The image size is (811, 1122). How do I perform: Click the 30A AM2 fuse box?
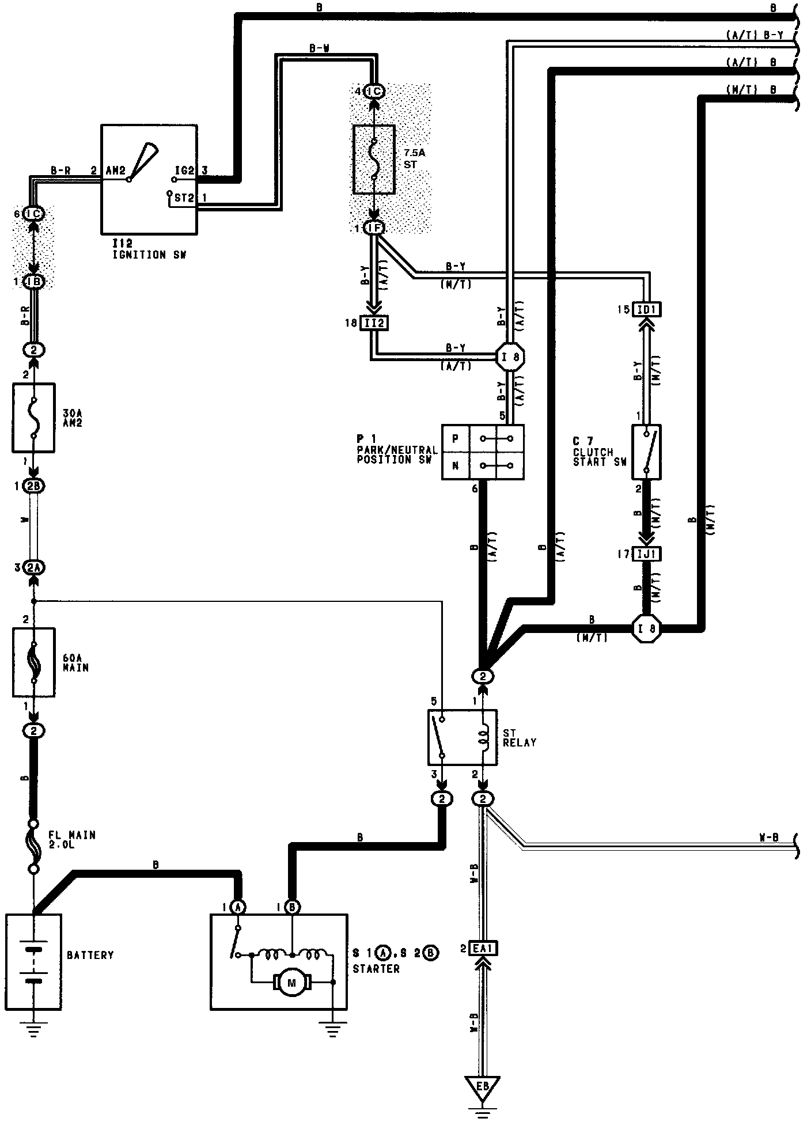point(33,418)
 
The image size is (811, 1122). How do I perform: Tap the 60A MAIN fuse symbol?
point(33,662)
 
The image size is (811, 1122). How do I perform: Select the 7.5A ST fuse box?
point(374,159)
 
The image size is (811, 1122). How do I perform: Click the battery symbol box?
point(33,961)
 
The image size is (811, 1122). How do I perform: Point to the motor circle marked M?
point(291,982)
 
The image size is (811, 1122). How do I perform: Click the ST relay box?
point(463,738)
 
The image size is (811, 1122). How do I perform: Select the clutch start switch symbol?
point(646,452)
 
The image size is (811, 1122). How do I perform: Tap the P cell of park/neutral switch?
point(456,439)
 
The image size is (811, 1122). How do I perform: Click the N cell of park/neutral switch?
point(456,466)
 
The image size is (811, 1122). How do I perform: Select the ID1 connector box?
point(646,309)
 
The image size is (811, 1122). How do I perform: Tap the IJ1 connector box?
point(646,554)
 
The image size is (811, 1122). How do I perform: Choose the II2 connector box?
point(374,323)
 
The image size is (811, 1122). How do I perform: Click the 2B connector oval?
point(33,486)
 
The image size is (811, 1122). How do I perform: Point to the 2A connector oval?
point(33,568)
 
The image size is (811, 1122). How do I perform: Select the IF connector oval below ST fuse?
point(374,228)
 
